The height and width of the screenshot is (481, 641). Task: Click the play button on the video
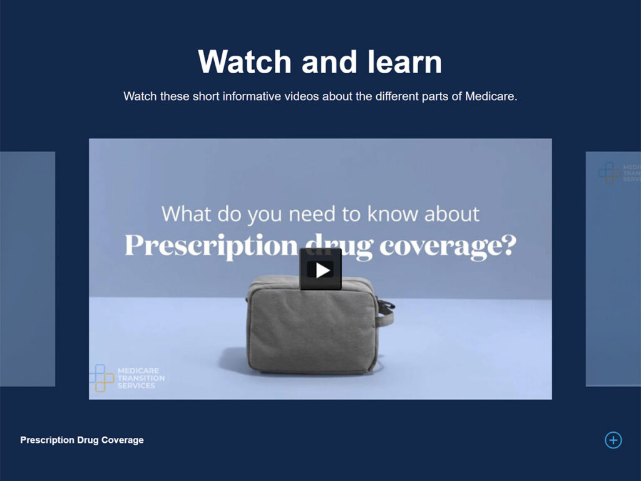[320, 269]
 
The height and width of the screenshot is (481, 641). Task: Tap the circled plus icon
[613, 440]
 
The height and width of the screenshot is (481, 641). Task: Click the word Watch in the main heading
[245, 62]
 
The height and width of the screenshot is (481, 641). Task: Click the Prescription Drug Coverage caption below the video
[82, 440]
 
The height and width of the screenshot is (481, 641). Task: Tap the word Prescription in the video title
[212, 246]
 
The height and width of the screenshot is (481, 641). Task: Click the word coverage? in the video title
[448, 246]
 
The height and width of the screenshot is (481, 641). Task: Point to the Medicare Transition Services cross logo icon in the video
[101, 378]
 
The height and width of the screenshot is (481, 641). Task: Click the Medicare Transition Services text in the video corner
[141, 378]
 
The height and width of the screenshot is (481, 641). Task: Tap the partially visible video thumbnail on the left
[28, 269]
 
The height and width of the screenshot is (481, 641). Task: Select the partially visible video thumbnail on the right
[613, 269]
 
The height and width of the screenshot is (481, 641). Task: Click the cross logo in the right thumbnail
[610, 173]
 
